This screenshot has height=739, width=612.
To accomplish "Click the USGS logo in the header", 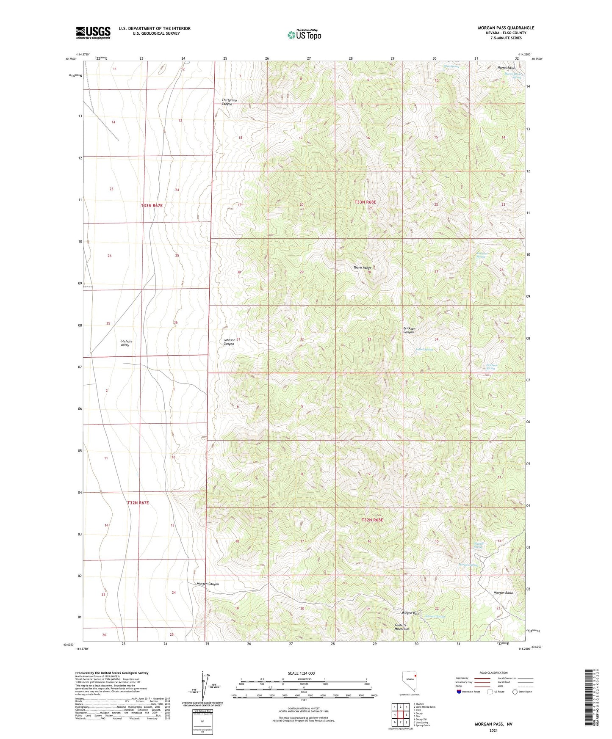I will [93, 33].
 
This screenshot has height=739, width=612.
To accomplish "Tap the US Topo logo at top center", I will [304, 35].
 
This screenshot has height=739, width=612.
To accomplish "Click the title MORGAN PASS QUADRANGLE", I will [506, 28].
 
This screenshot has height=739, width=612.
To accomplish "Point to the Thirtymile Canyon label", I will [229, 102].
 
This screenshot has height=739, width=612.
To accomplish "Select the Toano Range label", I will [362, 267].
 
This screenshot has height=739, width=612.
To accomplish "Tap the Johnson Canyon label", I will [229, 342].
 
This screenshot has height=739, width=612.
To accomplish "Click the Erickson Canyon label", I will [409, 330].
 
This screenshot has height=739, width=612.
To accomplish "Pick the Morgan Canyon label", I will [208, 584].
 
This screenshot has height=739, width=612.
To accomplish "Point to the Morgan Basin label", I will [503, 593].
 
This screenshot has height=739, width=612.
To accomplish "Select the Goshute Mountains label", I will [402, 627].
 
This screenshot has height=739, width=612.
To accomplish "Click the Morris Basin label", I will [506, 68].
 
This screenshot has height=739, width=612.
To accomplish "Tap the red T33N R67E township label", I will [152, 205].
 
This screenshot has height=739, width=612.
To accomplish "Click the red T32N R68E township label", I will [372, 520].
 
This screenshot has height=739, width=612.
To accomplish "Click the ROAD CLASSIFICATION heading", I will [493, 673].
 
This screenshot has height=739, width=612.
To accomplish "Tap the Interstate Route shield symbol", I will [459, 692].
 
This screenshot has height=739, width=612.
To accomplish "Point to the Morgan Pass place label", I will [410, 613].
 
